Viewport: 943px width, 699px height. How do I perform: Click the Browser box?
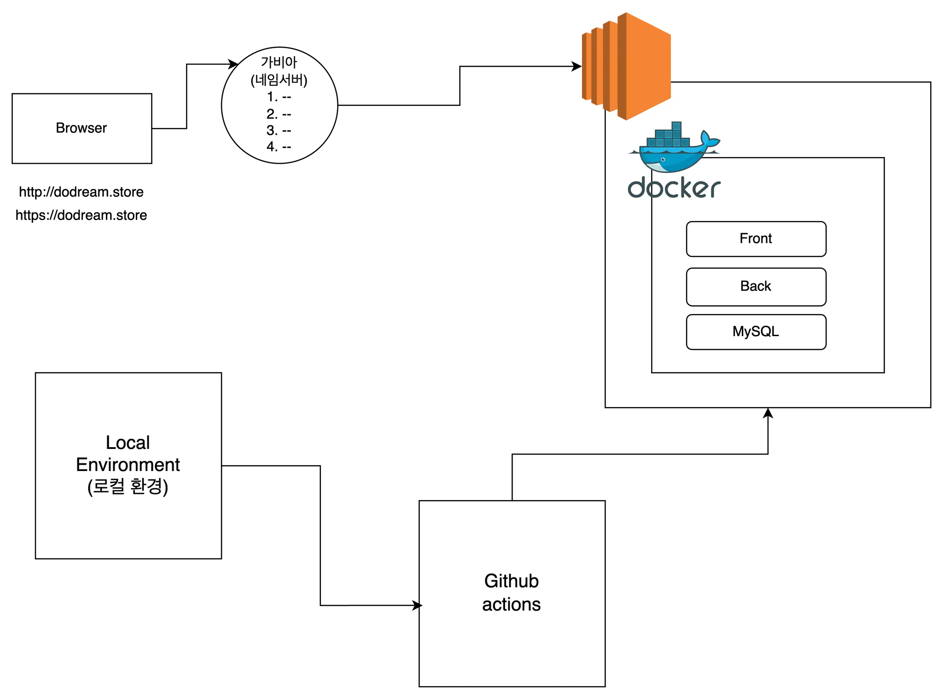[81, 128]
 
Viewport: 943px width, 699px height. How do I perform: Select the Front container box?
[756, 239]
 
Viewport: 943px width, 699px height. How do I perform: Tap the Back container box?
[756, 286]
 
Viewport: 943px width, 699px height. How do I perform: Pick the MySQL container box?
[756, 332]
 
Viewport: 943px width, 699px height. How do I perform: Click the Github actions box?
[512, 594]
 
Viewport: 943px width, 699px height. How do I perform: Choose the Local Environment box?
[128, 466]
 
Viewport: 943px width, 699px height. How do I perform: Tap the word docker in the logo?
[674, 188]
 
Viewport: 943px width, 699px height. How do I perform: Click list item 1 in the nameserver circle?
[279, 97]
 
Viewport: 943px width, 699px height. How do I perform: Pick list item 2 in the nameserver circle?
[279, 114]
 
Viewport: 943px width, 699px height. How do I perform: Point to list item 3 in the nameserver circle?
[279, 130]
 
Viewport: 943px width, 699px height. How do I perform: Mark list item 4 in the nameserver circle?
[279, 147]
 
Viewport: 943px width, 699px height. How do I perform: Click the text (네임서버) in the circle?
[279, 80]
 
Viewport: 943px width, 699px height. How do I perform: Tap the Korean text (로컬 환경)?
[128, 487]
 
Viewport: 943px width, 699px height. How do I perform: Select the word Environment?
[128, 465]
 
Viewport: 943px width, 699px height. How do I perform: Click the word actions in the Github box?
[512, 605]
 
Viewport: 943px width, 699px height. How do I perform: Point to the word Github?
[512, 581]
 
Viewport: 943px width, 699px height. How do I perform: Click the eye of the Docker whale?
[663, 159]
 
